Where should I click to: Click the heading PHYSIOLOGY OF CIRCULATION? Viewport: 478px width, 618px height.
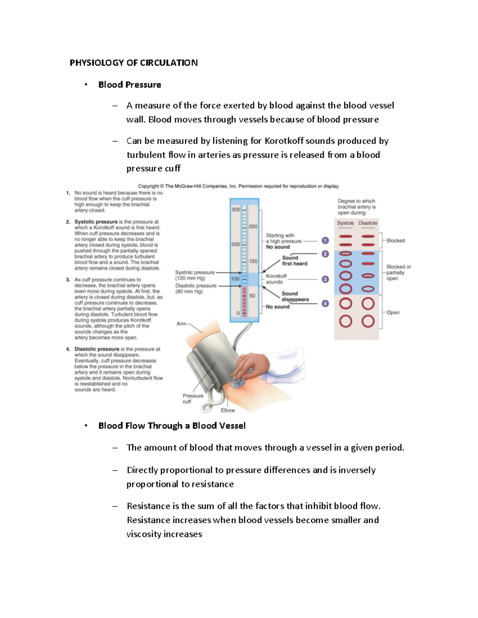click(x=133, y=62)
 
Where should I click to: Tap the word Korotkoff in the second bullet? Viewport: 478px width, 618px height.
click(x=284, y=141)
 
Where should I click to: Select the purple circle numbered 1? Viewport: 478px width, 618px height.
click(x=325, y=241)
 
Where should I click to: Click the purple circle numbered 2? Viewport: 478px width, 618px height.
click(x=325, y=254)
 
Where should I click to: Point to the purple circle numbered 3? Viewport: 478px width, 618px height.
click(x=325, y=279)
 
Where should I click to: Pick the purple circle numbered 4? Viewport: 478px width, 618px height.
click(x=325, y=304)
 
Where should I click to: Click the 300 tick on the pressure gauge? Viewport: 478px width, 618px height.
click(x=236, y=209)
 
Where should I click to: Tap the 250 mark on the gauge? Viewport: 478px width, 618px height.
click(x=253, y=226)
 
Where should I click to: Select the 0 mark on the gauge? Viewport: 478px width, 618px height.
click(x=238, y=313)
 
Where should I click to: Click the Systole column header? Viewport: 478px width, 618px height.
click(x=345, y=223)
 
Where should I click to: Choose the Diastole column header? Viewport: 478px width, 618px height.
click(x=368, y=223)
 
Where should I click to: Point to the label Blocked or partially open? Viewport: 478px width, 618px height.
click(x=398, y=273)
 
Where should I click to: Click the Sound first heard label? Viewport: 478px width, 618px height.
click(x=294, y=261)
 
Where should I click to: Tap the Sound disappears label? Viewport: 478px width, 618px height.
click(x=295, y=296)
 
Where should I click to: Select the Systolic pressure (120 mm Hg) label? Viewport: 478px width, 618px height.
click(x=194, y=275)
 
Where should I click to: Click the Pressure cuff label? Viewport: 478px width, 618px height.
click(x=193, y=398)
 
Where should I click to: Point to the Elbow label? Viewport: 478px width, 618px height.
click(x=228, y=410)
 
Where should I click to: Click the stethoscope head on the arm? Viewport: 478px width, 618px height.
click(x=238, y=382)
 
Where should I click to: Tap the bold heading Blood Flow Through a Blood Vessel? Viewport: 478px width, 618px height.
click(x=172, y=425)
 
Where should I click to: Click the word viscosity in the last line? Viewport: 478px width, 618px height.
click(x=143, y=534)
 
